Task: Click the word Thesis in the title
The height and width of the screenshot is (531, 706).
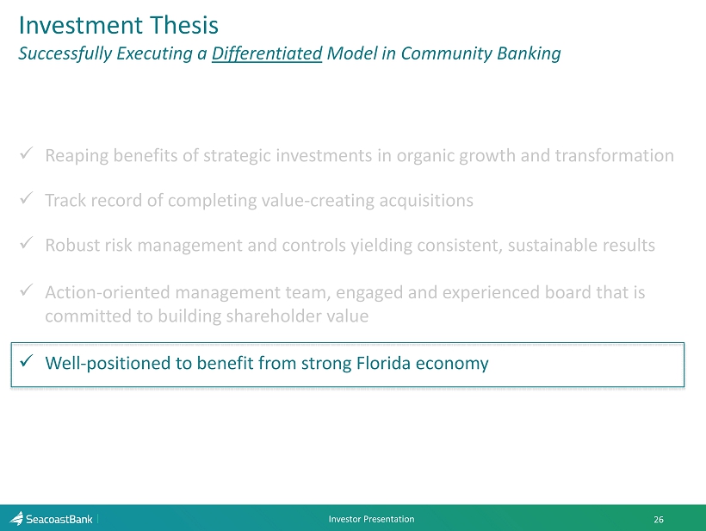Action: click(183, 25)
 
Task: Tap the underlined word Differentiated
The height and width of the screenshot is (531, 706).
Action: click(267, 53)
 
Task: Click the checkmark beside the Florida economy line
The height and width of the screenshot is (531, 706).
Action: click(27, 360)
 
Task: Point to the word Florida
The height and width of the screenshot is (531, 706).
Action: click(383, 363)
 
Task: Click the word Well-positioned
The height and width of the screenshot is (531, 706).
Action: click(108, 363)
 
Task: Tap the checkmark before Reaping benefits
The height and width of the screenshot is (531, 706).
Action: click(27, 153)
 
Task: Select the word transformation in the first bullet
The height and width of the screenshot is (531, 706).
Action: click(614, 155)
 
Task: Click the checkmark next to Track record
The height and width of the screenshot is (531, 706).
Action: click(27, 198)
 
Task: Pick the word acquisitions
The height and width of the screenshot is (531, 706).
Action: click(426, 201)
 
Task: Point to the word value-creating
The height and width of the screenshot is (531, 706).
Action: click(318, 201)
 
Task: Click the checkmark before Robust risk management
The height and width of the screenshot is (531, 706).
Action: click(27, 243)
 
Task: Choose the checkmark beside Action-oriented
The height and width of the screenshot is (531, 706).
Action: click(27, 290)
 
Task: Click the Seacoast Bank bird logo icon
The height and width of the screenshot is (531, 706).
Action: click(16, 518)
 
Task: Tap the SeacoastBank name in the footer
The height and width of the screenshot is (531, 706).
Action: click(59, 519)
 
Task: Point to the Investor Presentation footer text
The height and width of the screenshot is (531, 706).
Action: click(371, 519)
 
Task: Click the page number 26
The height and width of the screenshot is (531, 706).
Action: click(659, 520)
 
